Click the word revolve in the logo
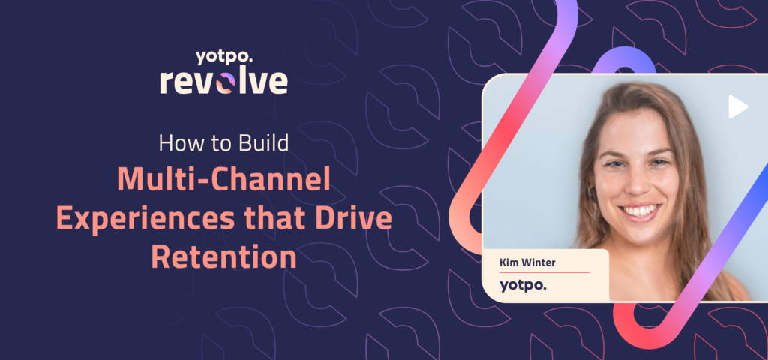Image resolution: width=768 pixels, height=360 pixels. (x=223, y=81)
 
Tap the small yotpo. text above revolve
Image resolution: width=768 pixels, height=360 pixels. (x=224, y=55)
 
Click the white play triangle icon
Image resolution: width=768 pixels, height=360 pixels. (x=738, y=107)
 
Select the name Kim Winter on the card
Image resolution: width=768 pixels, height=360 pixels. (x=528, y=262)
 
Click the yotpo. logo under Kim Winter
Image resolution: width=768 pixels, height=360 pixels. (x=523, y=284)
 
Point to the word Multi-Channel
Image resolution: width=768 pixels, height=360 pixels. (x=223, y=179)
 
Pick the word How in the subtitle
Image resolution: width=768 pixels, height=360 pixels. (x=177, y=142)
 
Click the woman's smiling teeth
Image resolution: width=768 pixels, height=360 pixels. (x=641, y=211)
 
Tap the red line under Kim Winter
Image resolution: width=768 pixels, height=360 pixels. (x=544, y=272)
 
